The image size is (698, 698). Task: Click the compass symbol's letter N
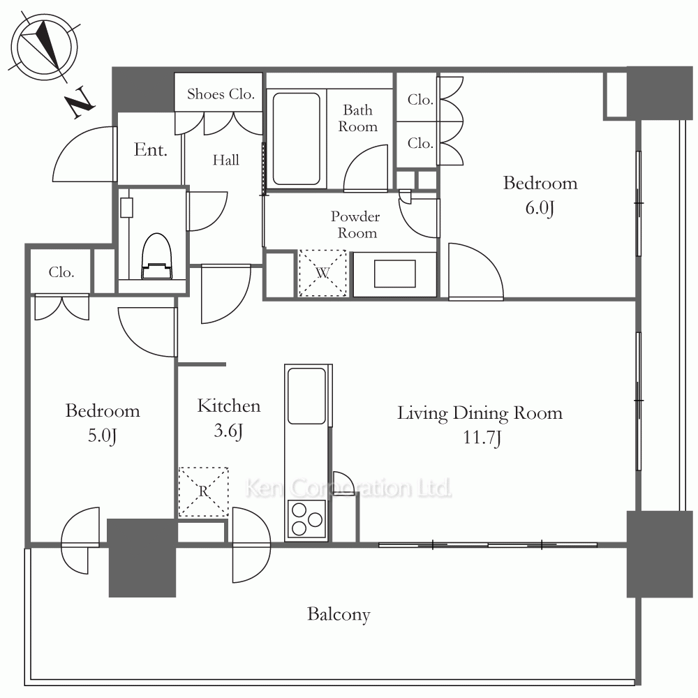(x=80, y=102)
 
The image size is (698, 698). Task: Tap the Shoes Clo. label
(x=221, y=94)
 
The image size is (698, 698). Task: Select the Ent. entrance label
(x=151, y=149)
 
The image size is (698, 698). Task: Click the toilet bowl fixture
(x=156, y=256)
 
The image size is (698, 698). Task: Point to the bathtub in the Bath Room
(x=296, y=138)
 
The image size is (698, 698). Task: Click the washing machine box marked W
(x=322, y=273)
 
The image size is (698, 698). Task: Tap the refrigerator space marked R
(x=203, y=491)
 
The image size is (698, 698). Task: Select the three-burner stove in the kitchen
(x=306, y=519)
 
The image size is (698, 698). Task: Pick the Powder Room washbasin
(x=395, y=274)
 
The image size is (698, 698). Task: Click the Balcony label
(x=339, y=615)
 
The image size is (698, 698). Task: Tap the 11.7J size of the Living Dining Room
(x=482, y=438)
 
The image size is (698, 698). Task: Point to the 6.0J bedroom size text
(x=540, y=208)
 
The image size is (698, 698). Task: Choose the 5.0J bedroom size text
(x=103, y=436)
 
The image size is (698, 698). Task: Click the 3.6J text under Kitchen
(x=228, y=431)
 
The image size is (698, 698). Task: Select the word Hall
(x=225, y=160)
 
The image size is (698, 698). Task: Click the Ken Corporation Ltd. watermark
(x=348, y=488)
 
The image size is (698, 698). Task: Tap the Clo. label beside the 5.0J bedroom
(x=61, y=272)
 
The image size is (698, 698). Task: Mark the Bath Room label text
(x=357, y=118)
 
